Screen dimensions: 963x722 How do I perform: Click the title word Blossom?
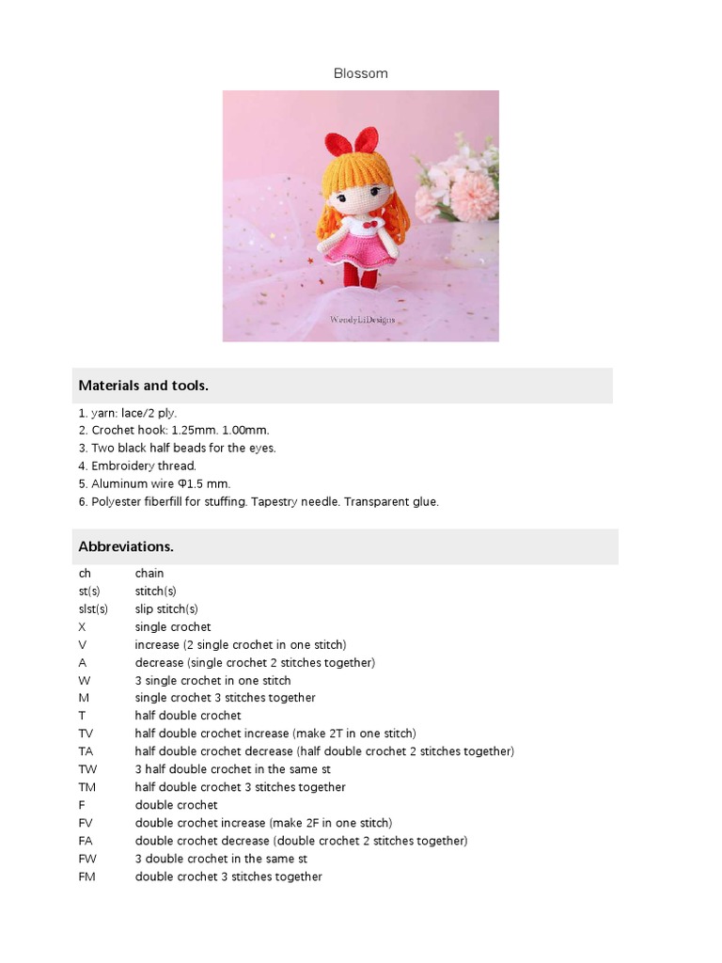[x=360, y=73]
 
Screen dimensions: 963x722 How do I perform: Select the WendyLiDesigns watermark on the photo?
[x=362, y=320]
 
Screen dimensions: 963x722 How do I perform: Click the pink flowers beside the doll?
[x=461, y=183]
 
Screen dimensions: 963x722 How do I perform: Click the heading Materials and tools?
[x=144, y=386]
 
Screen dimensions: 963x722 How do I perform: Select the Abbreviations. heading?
[x=126, y=546]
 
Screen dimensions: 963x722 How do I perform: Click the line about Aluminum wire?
[x=154, y=483]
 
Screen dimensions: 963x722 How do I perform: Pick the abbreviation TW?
[x=87, y=769]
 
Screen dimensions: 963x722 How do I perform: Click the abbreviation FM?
[x=87, y=876]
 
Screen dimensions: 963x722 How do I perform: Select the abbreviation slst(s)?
[x=92, y=608]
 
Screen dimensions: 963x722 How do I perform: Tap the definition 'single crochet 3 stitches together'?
[x=225, y=698]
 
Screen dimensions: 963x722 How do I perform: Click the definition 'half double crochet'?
[x=188, y=716]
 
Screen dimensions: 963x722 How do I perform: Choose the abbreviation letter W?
[x=85, y=680]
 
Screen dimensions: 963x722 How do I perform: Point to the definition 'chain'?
[x=149, y=573]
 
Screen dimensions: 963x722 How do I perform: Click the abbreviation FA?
[x=86, y=841]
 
